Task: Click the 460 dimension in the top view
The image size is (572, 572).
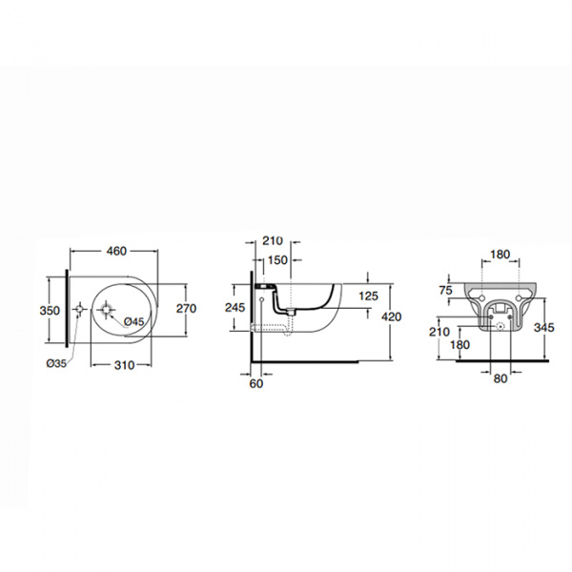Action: tap(116, 251)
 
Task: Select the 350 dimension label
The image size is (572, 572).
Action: tap(50, 311)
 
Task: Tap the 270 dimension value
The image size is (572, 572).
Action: tap(187, 309)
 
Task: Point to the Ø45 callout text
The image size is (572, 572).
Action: tap(133, 321)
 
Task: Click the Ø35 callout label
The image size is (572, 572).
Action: tap(56, 363)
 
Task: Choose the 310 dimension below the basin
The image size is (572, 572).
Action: tap(124, 365)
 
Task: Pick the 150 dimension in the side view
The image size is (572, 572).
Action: tap(277, 260)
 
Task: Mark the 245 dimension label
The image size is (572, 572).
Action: tap(235, 308)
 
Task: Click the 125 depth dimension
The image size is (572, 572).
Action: tap(368, 296)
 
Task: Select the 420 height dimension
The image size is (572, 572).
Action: tap(392, 317)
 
